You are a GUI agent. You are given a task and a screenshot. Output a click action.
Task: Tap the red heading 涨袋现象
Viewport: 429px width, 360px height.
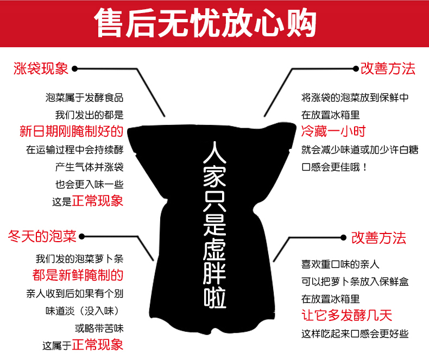pos(41,69)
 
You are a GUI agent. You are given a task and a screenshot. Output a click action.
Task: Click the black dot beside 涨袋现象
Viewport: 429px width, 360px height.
pos(75,69)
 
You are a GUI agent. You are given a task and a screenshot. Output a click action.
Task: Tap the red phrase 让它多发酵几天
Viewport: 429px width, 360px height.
pos(346,315)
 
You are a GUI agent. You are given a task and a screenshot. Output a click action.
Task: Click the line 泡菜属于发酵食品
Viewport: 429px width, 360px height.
pos(85,98)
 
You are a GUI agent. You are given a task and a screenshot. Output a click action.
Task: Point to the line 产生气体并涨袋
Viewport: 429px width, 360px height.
pos(89,166)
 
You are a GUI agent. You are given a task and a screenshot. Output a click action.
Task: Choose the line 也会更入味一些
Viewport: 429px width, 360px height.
pos(89,184)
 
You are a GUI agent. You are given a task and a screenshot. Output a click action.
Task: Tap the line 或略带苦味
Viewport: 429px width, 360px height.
pos(99,328)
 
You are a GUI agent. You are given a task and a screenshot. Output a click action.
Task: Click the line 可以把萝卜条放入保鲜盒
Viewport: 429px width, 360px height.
pos(356,281)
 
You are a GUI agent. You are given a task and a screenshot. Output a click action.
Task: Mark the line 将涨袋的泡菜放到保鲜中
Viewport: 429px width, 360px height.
pos(355,98)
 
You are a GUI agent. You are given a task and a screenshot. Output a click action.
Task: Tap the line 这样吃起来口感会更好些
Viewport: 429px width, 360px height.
pos(355,333)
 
